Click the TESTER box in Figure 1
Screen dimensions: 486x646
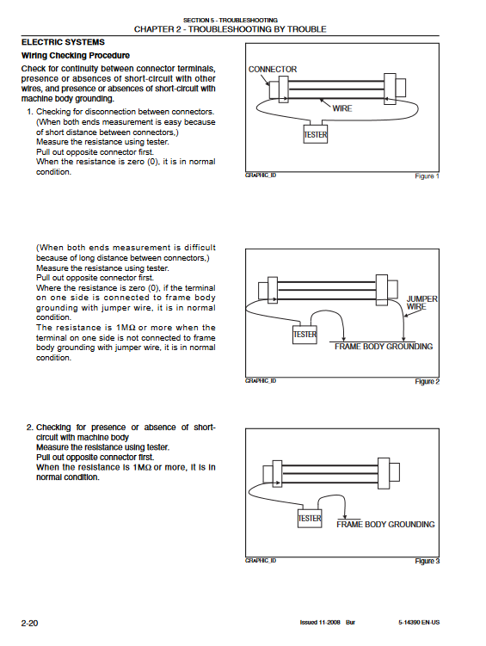point(316,134)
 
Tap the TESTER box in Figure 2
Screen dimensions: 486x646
point(305,334)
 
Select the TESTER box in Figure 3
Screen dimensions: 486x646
point(310,519)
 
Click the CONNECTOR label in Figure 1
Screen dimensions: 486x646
point(273,69)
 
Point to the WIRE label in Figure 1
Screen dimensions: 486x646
point(342,108)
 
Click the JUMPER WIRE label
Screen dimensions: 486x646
point(421,303)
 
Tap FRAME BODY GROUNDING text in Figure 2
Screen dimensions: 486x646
point(384,347)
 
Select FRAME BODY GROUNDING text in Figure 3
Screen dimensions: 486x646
point(385,525)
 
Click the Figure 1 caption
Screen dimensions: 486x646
point(428,176)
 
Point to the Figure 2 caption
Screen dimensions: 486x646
point(428,382)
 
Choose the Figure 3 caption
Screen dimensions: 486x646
point(428,561)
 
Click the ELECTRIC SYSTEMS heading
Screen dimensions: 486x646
point(63,42)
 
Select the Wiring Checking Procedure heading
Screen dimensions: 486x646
point(76,56)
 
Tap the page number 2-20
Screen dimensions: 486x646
point(29,623)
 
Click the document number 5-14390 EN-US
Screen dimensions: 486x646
point(419,623)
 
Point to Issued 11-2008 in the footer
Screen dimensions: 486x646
point(320,623)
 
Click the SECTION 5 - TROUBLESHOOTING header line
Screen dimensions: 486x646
point(231,20)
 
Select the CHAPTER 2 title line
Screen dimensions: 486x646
point(231,29)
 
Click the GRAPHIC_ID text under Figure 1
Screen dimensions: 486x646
point(261,175)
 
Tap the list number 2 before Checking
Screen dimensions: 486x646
point(29,428)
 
